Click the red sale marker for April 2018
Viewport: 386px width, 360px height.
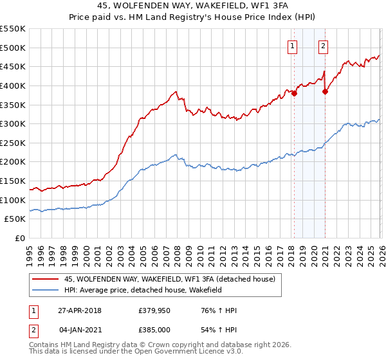click(294, 93)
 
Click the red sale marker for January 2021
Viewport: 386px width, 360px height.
click(325, 91)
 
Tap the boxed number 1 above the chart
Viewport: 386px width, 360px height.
click(293, 46)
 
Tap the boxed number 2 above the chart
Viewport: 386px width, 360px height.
click(323, 46)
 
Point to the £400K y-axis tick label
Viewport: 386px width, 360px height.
click(13, 85)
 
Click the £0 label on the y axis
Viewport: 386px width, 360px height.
click(19, 239)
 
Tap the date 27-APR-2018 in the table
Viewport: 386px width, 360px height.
click(80, 310)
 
